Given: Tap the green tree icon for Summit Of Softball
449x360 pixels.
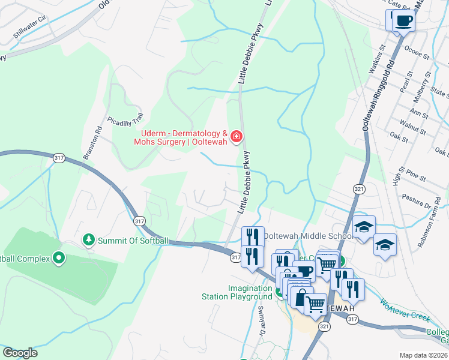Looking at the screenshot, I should coord(89,240).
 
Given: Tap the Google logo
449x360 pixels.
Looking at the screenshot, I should coord(20,353).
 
